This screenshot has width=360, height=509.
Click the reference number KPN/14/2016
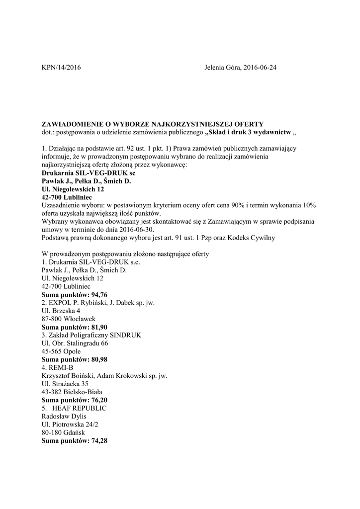click(61, 68)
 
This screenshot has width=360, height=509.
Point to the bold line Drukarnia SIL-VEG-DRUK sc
click(88, 172)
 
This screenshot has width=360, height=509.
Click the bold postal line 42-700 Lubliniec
click(66, 197)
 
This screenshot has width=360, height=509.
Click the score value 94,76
click(96, 294)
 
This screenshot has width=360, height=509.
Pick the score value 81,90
click(96, 327)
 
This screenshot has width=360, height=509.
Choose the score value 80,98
click(96, 359)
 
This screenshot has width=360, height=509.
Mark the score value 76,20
click(96, 400)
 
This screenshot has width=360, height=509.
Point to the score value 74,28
click(96, 440)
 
